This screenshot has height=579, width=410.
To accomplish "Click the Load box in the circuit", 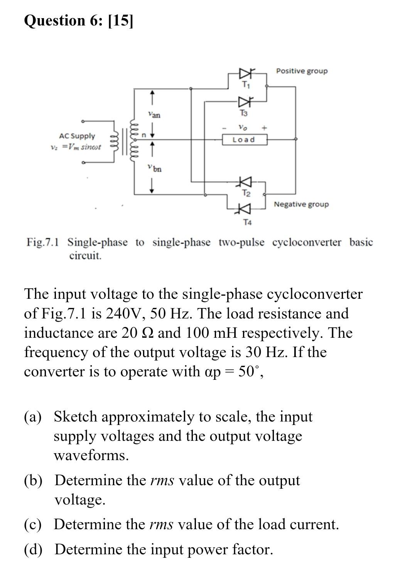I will pos(245,139).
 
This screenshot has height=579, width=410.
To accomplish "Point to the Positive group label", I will pos(302,71).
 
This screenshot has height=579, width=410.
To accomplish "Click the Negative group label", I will pos(301,204).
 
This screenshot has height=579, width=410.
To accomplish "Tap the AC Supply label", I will pos(77,136).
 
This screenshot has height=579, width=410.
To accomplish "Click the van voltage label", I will pos(154,115).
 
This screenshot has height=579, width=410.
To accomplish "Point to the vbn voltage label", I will pos(154,168).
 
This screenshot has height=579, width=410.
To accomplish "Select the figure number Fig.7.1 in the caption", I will pos(42,242).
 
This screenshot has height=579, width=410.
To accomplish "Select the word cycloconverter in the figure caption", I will pos(307,242).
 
